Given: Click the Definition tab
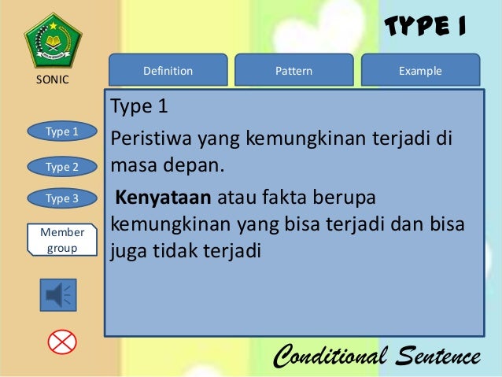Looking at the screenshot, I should pyautogui.click(x=168, y=71).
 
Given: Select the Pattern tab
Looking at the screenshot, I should pyautogui.click(x=293, y=71).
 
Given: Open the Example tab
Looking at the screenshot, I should pyautogui.click(x=420, y=71).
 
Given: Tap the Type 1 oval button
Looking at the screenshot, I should pyautogui.click(x=62, y=131).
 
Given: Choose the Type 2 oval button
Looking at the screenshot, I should pyautogui.click(x=62, y=166).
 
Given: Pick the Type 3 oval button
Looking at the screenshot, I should pyautogui.click(x=62, y=198).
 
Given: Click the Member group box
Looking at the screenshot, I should pyautogui.click(x=62, y=239).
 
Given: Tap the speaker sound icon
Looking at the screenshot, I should pyautogui.click(x=58, y=294).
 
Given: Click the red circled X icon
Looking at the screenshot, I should pyautogui.click(x=61, y=342).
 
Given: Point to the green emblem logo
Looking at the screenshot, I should pyautogui.click(x=53, y=40).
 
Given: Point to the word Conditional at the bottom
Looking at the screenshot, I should pyautogui.click(x=330, y=357).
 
